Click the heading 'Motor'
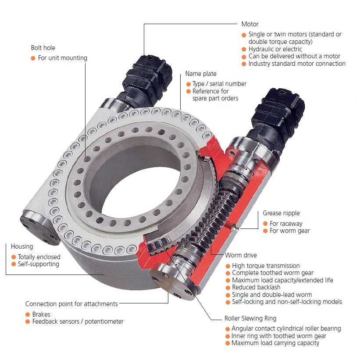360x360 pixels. click(x=250, y=24)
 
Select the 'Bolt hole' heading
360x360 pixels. click(x=43, y=47)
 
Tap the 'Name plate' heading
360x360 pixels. click(x=201, y=74)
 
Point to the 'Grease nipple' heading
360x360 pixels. click(x=281, y=214)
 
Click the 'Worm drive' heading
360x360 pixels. click(x=241, y=255)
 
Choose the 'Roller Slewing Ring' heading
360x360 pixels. click(x=250, y=318)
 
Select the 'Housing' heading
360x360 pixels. click(x=22, y=246)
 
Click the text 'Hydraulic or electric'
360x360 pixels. click(x=275, y=49)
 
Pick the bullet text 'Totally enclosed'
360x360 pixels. click(x=39, y=257)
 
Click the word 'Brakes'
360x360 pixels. click(x=41, y=314)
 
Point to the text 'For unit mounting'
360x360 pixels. click(x=63, y=58)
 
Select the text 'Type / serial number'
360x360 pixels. click(x=220, y=84)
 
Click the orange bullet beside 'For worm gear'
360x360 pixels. click(x=265, y=231)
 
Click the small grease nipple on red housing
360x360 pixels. click(x=235, y=227)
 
